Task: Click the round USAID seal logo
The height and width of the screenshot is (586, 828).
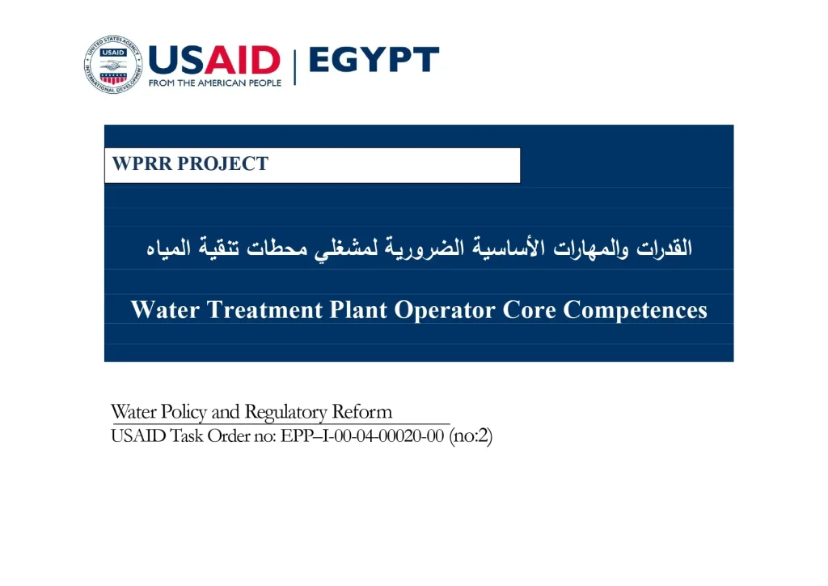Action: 112,64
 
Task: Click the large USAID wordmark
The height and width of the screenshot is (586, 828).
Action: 214,60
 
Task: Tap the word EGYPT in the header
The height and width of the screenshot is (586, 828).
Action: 374,60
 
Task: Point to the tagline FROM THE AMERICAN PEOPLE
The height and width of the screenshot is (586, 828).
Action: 215,83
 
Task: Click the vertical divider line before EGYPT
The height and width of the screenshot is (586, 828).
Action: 294,65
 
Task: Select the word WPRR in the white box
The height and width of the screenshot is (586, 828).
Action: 142,164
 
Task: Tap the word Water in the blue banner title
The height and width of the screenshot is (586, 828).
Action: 165,310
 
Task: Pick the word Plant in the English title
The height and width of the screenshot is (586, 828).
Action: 359,310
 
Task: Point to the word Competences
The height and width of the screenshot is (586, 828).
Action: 636,310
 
